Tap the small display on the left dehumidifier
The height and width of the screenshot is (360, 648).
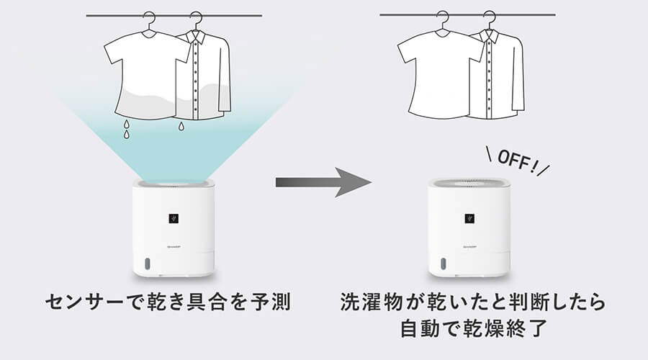tap(174, 215)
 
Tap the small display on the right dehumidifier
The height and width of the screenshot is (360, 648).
tap(469, 215)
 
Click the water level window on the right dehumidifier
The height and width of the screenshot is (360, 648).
tap(440, 264)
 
